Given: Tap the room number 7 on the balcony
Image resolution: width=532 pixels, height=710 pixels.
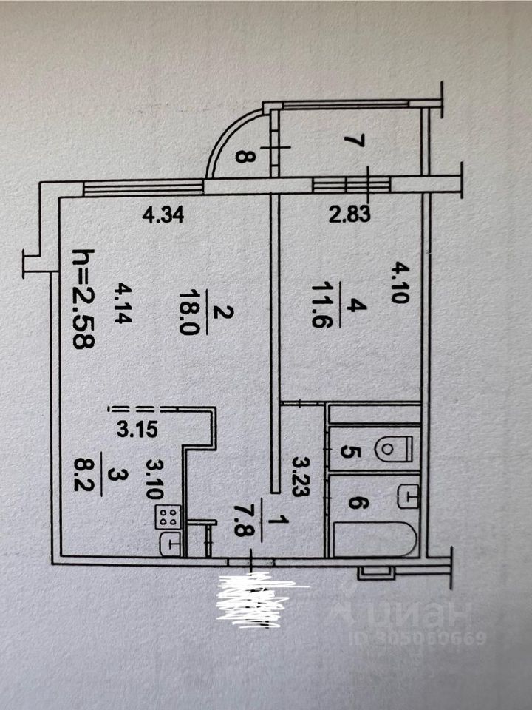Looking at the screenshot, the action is tap(352, 141).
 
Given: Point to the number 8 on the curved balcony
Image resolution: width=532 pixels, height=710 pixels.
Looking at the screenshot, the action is tap(243, 155).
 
